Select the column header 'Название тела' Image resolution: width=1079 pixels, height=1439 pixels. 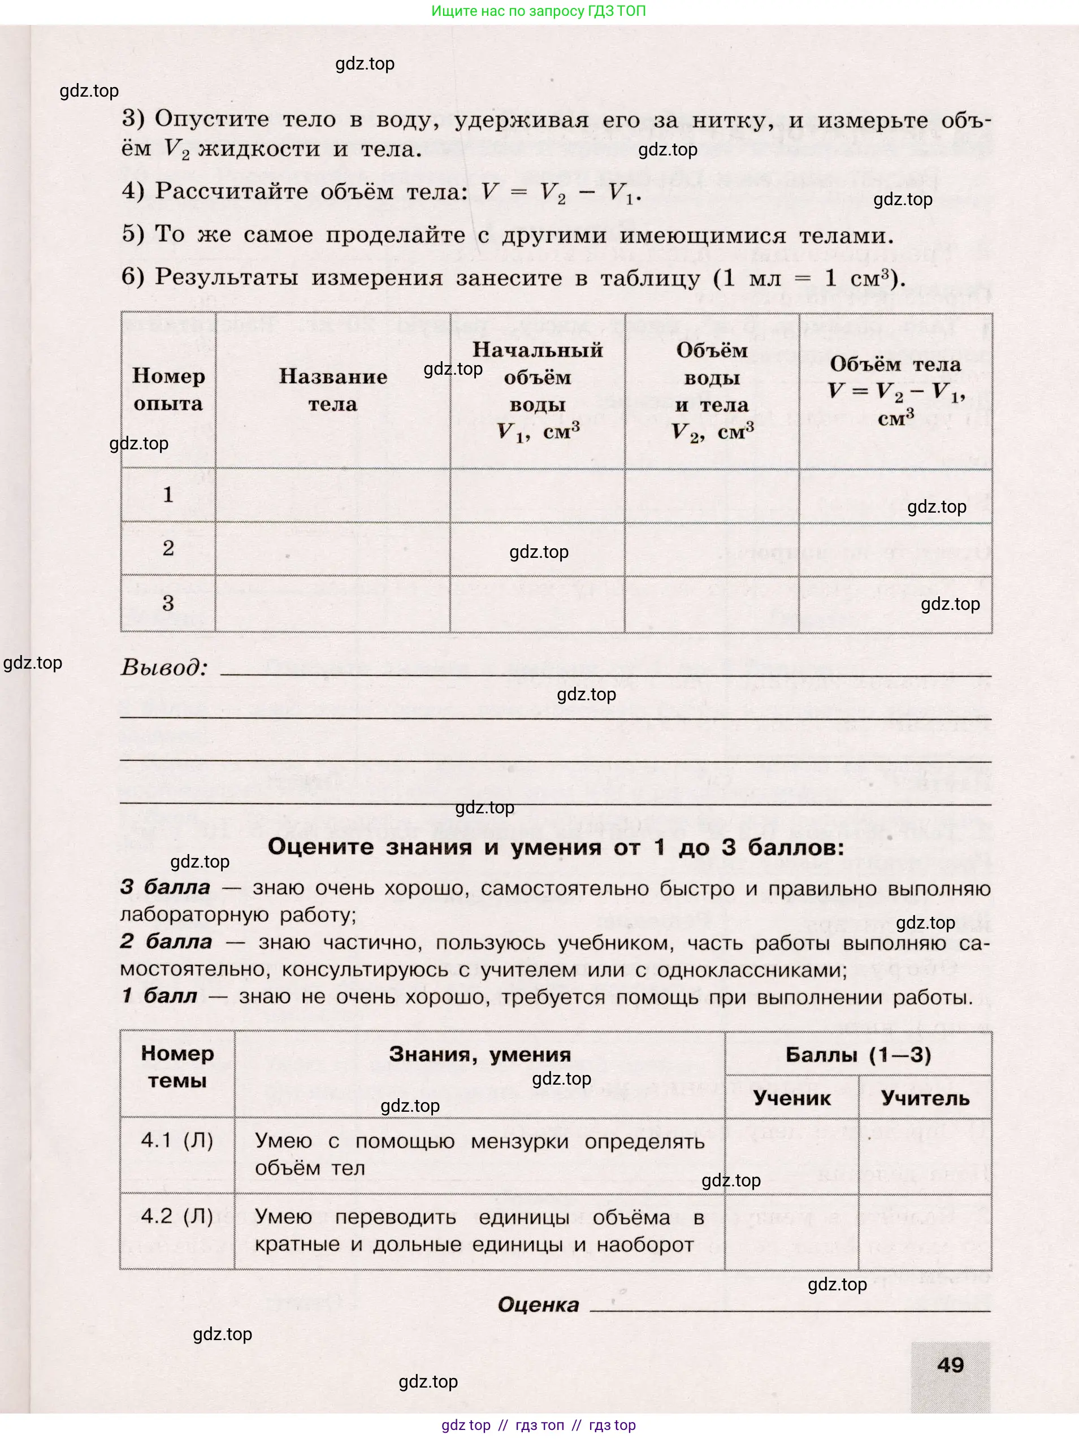(x=332, y=389)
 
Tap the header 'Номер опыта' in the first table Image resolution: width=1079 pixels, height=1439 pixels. (x=168, y=389)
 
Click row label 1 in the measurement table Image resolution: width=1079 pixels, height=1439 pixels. (x=168, y=495)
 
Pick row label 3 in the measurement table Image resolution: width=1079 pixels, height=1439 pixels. (x=168, y=603)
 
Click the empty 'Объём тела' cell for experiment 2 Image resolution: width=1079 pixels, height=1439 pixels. (x=895, y=548)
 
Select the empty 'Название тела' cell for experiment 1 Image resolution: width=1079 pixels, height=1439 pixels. (x=332, y=495)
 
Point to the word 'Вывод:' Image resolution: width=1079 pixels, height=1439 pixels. (x=164, y=668)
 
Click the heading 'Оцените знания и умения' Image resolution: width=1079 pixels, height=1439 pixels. (x=556, y=847)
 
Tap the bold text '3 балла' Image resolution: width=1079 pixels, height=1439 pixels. (x=165, y=887)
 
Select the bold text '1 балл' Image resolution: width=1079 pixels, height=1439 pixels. (x=159, y=996)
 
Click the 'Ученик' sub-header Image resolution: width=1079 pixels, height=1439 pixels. (x=791, y=1098)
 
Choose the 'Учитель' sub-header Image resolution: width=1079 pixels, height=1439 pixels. (x=924, y=1098)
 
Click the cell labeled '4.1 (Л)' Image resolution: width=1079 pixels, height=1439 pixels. (x=177, y=1141)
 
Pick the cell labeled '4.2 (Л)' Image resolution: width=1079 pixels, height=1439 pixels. (x=177, y=1216)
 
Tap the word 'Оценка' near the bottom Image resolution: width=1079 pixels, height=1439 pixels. (x=538, y=1304)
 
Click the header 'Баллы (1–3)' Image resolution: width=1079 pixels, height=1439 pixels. (x=858, y=1055)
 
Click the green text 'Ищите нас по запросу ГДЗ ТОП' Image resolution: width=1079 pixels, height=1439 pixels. (x=539, y=11)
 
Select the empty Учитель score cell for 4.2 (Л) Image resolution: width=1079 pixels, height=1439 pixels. (x=924, y=1231)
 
